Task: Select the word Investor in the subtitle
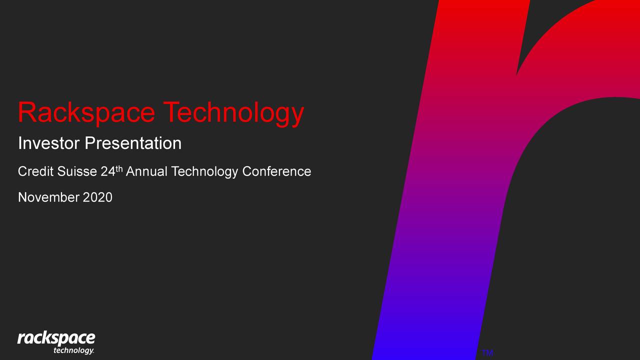[x=48, y=143]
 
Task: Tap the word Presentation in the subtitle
[x=133, y=143]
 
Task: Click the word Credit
[x=35, y=171]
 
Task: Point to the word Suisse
[x=77, y=171]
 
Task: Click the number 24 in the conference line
[x=107, y=171]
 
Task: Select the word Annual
[x=146, y=171]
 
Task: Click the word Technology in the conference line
[x=204, y=172]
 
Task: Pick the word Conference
[x=276, y=171]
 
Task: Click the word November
[x=48, y=197]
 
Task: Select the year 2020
[x=97, y=197]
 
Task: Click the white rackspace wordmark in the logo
[x=56, y=338]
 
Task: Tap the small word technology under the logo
[x=72, y=350]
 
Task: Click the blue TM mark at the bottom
[x=487, y=353]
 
